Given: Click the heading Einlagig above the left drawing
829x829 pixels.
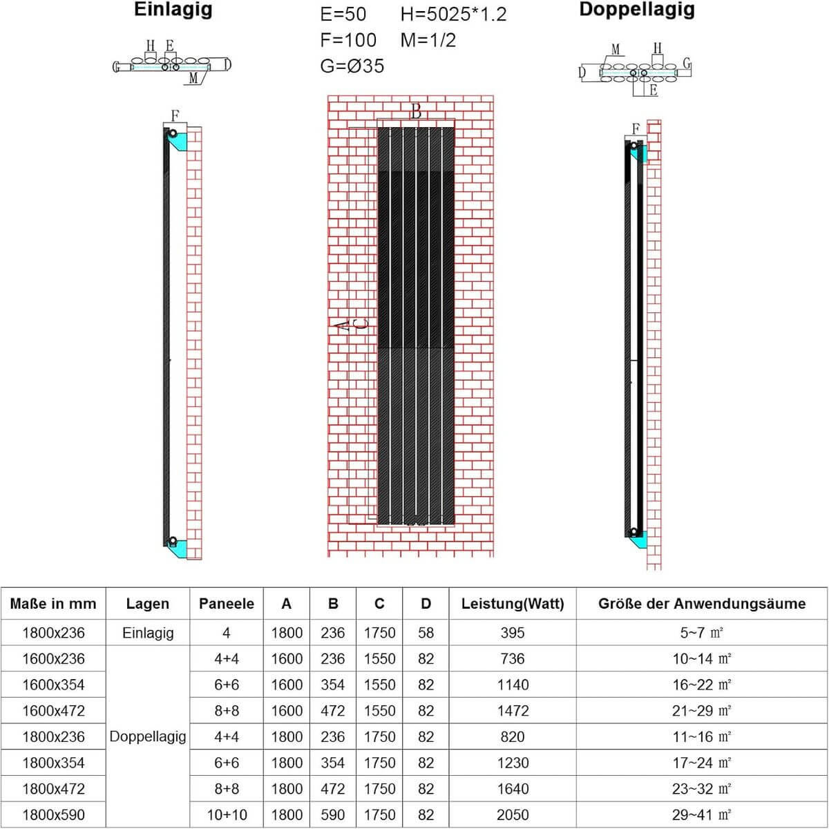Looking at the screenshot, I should point(173,11).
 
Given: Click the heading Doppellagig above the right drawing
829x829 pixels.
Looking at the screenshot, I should point(637,10).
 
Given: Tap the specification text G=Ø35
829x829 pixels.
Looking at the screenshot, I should point(352,66).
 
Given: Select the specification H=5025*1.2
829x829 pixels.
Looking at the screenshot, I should point(453,15).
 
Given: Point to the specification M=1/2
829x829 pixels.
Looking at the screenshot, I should point(428,40).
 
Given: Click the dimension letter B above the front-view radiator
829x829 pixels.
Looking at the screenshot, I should point(416,111).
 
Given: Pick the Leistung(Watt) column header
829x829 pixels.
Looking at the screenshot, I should point(513,604).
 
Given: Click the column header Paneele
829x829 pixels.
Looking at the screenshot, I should point(227,604).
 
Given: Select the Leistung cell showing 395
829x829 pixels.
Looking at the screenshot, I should point(513,633).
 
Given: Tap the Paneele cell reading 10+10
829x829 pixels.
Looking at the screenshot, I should point(227,815).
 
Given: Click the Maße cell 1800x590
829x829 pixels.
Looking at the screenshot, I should point(53,815).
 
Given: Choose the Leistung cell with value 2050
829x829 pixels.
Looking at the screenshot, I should point(513,815).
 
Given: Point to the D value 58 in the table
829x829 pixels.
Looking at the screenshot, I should point(426,633).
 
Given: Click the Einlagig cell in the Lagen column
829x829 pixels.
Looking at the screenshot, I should point(148,633).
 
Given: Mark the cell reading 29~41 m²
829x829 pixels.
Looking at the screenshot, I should point(702,815).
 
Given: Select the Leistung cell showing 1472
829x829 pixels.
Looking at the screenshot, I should point(513,711).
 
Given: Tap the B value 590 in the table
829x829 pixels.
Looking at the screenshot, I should point(333,815).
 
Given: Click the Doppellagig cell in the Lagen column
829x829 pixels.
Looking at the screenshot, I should point(148,736).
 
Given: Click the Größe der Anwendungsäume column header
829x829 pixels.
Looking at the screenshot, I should point(702,604).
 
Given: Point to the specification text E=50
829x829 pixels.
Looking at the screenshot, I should point(343,15).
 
